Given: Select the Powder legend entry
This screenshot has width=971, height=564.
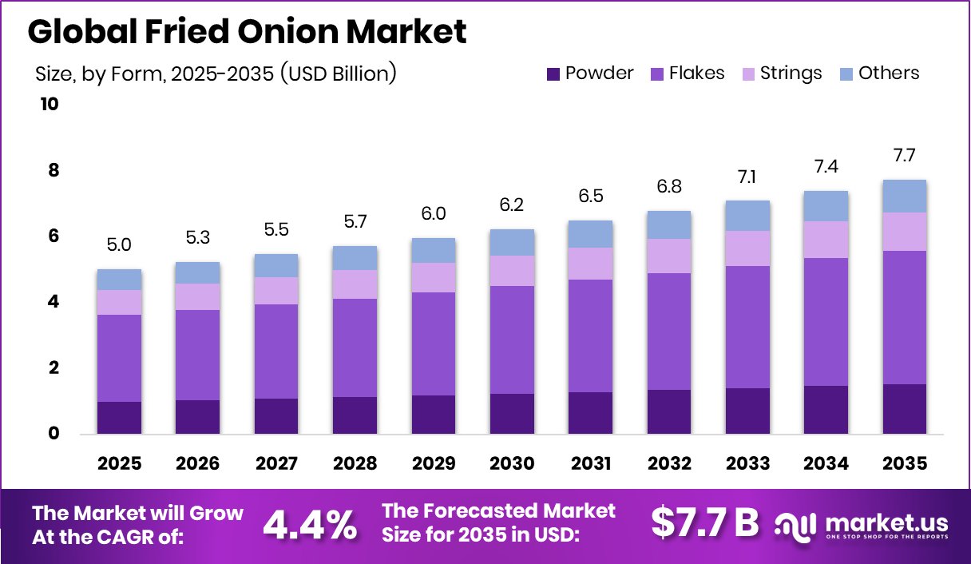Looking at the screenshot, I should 590,73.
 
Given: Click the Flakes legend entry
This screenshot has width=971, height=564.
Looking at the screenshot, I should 688,73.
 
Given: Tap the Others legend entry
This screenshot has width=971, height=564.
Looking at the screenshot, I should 879,73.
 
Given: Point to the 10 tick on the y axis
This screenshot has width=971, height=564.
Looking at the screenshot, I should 50,105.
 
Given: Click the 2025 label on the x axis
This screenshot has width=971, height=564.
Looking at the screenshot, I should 119,463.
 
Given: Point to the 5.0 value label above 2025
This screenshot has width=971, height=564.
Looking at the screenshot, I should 119,245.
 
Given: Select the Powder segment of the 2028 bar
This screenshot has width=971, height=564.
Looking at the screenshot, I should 354,415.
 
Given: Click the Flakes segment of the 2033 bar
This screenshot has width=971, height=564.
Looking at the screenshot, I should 747,327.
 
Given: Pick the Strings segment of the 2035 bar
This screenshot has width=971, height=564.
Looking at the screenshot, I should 904,232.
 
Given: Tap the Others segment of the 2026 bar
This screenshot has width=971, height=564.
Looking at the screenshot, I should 197,272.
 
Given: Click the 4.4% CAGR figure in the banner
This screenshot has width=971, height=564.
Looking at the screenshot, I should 310,524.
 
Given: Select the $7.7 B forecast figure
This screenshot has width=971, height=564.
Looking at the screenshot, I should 704,523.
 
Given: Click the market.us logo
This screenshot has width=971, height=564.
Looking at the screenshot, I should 862,525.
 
